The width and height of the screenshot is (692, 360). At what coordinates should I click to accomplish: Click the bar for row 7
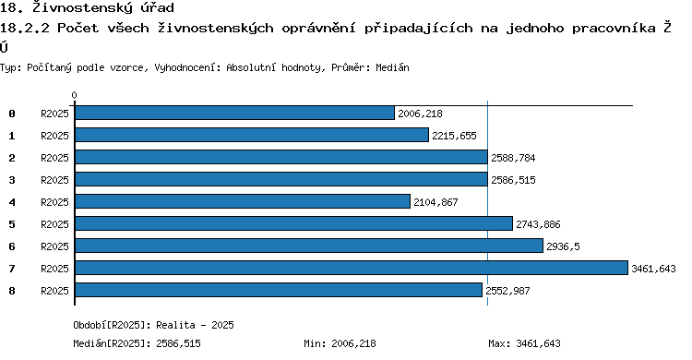click(352, 268)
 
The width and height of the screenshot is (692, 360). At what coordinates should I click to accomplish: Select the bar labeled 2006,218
click(234, 113)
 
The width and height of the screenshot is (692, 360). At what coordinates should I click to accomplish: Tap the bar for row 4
click(243, 201)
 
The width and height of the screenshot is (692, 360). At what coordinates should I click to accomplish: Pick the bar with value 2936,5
click(309, 246)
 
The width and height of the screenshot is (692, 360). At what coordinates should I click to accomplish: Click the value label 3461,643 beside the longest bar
click(653, 269)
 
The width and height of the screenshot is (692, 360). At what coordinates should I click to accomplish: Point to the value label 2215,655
click(454, 136)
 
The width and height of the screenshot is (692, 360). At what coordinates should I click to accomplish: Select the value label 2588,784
click(513, 158)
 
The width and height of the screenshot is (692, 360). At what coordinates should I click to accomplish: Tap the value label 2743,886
click(538, 224)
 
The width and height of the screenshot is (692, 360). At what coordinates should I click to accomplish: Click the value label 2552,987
click(507, 291)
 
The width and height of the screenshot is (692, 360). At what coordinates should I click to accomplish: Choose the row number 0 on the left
click(12, 114)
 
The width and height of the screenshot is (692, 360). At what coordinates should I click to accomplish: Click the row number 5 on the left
click(12, 224)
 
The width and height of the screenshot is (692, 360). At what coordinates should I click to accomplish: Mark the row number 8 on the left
click(12, 291)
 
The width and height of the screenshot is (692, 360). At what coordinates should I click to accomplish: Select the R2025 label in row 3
click(54, 180)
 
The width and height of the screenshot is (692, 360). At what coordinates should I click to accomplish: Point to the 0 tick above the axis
click(74, 95)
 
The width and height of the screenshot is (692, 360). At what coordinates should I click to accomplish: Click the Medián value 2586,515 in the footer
click(178, 343)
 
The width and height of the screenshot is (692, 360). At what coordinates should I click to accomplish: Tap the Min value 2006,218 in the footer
click(353, 343)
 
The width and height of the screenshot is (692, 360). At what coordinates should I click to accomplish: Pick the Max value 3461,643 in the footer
click(538, 343)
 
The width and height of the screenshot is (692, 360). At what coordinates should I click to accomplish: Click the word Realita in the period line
click(175, 325)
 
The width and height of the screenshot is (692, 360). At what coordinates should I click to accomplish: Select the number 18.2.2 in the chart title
click(25, 28)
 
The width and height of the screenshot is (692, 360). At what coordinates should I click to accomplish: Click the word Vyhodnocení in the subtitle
click(187, 67)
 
